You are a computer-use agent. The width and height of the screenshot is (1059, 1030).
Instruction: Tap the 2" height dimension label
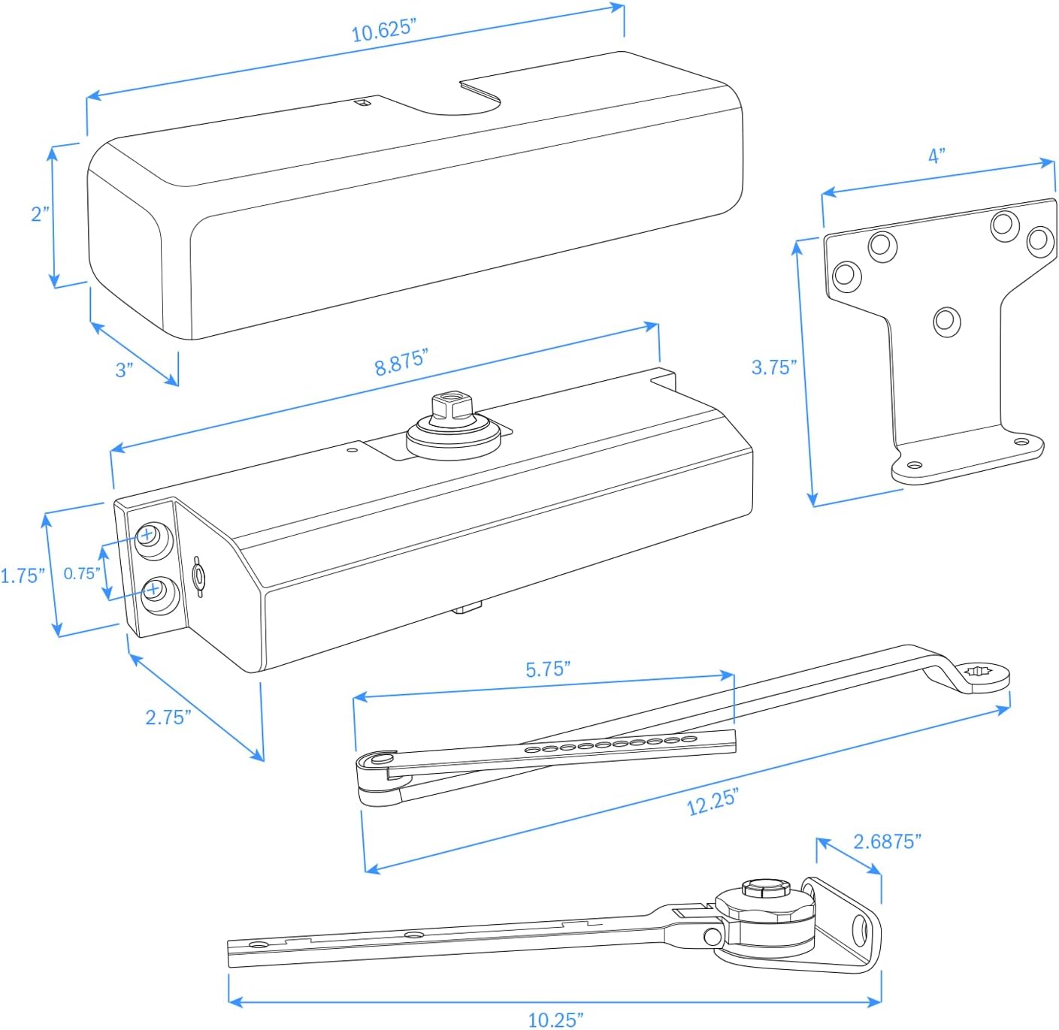tap(40, 214)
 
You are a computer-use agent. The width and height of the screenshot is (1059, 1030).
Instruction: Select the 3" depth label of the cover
tap(124, 370)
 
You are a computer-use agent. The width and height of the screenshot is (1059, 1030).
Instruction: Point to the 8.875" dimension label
tap(401, 362)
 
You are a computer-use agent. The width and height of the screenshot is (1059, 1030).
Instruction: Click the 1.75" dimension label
tap(23, 576)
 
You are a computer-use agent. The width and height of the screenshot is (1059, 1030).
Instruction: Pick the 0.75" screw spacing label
tap(81, 574)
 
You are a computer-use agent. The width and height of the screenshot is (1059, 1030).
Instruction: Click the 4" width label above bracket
tap(936, 156)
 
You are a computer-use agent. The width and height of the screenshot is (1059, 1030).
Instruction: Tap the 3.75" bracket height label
tap(773, 367)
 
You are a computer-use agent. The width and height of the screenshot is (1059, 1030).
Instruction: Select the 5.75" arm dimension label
tap(548, 669)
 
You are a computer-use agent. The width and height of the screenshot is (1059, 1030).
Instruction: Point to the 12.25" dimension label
tap(713, 802)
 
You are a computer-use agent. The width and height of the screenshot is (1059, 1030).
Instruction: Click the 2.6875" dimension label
tap(887, 841)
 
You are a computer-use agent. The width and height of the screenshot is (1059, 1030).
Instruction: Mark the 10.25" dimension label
tap(555, 1019)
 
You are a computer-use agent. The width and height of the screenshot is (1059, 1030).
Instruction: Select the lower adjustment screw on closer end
tap(153, 590)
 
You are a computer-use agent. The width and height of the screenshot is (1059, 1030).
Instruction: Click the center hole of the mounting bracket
tap(946, 322)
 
